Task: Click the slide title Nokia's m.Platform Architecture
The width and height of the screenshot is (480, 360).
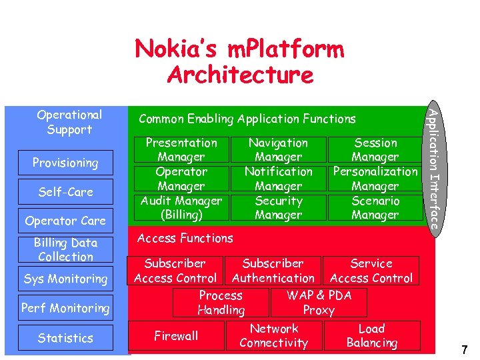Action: tap(239, 62)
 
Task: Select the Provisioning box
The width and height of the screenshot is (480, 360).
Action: tap(65, 163)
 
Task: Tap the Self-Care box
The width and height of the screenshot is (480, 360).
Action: tap(65, 192)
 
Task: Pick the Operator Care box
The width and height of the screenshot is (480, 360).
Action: tap(65, 221)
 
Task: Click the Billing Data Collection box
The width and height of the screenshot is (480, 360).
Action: tap(65, 250)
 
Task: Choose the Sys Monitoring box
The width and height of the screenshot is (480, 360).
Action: tap(65, 279)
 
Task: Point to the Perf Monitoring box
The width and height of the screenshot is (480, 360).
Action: tap(65, 308)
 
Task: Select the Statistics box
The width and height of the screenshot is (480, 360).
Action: tap(65, 338)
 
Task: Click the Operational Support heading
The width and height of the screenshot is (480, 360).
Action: tap(69, 122)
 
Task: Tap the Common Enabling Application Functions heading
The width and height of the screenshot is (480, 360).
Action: tap(247, 119)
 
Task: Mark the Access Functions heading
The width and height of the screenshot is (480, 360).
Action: tap(185, 238)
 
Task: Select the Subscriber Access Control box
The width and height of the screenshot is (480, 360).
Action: tap(175, 271)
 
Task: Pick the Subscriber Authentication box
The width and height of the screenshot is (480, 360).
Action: tap(273, 271)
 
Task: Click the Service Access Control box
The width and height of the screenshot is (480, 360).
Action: tap(371, 271)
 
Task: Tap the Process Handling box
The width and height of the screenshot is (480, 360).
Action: tap(221, 303)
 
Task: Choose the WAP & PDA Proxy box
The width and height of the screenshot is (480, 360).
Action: tap(319, 303)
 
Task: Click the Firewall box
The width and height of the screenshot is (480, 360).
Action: tap(176, 336)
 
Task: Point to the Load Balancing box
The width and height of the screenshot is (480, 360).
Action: tap(372, 336)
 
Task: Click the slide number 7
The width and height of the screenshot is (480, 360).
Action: tap(464, 349)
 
